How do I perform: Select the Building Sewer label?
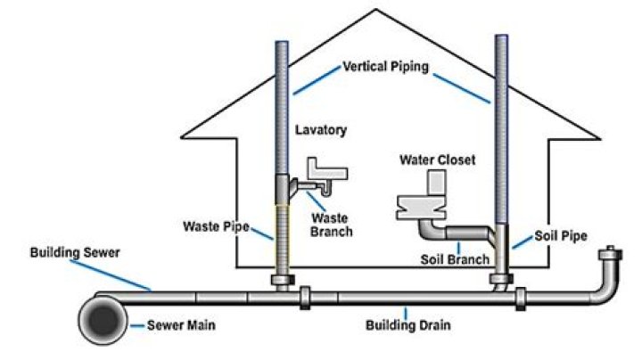[74, 253]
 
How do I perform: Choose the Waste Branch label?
[331, 225]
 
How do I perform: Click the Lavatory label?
[321, 130]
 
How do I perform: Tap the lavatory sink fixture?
[325, 169]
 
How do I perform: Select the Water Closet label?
[438, 160]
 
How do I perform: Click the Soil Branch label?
[454, 260]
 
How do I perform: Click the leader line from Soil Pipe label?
[522, 244]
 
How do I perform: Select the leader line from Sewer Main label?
[137, 326]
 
